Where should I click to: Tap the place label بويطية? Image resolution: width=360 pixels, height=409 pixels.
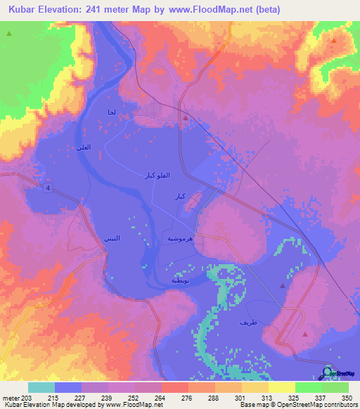180,280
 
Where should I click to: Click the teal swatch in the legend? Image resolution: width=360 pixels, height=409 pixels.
41,387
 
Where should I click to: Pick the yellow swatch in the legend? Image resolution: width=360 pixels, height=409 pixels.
281,387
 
